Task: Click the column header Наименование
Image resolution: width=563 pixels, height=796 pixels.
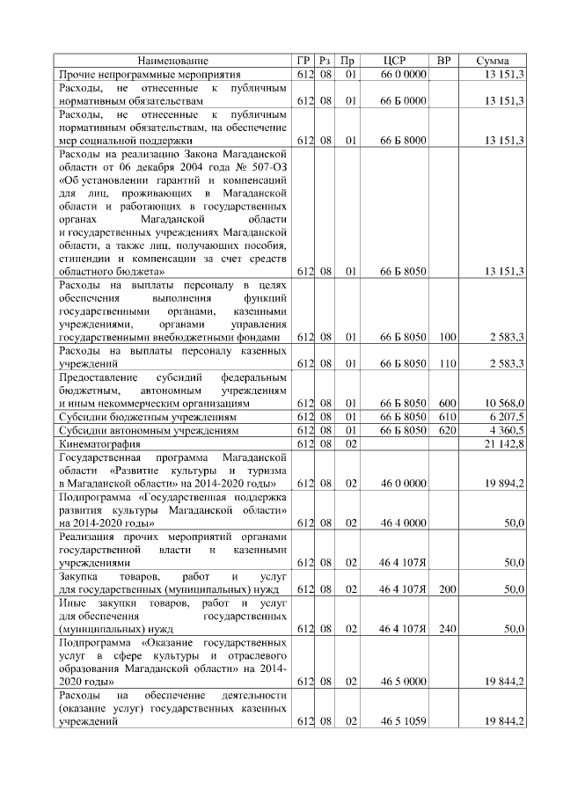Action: pyautogui.click(x=173, y=61)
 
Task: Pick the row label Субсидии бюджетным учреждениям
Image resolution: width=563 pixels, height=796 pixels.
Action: pyautogui.click(x=139, y=416)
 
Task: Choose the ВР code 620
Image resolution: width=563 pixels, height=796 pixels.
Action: pyautogui.click(x=447, y=431)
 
